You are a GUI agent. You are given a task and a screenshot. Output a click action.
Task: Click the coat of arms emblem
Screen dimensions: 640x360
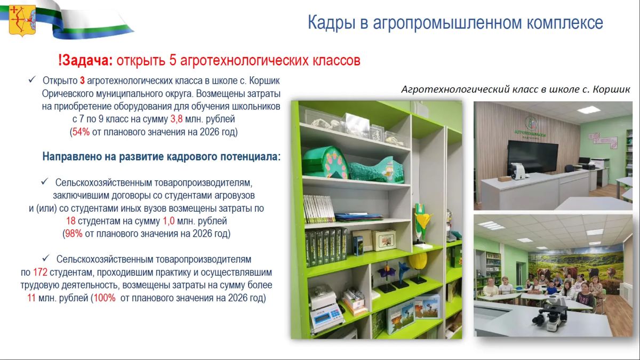tap(22, 21)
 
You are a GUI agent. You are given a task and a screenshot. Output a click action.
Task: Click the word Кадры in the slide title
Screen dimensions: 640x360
tap(331, 23)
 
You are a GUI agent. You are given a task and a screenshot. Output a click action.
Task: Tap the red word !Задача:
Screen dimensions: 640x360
tap(85, 60)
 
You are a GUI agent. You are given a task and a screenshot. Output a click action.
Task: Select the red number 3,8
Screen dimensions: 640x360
tap(177, 119)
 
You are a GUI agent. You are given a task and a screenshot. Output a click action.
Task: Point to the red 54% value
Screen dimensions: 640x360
tap(81, 132)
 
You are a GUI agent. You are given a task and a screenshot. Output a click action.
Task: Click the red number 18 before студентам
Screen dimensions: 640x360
tap(71, 221)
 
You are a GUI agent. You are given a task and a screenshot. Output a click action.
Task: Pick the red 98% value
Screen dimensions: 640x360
tap(74, 234)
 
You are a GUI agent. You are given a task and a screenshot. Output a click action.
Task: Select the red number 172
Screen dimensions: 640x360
tap(41, 273)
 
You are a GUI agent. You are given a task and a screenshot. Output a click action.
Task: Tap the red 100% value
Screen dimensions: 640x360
tap(105, 298)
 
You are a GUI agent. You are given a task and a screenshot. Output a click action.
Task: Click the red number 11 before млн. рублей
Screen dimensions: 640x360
tap(31, 298)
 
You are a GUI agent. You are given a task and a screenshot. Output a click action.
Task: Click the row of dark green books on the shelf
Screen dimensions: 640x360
tap(326, 246)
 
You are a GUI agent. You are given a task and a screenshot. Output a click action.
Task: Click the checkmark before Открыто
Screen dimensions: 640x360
tap(32, 79)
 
